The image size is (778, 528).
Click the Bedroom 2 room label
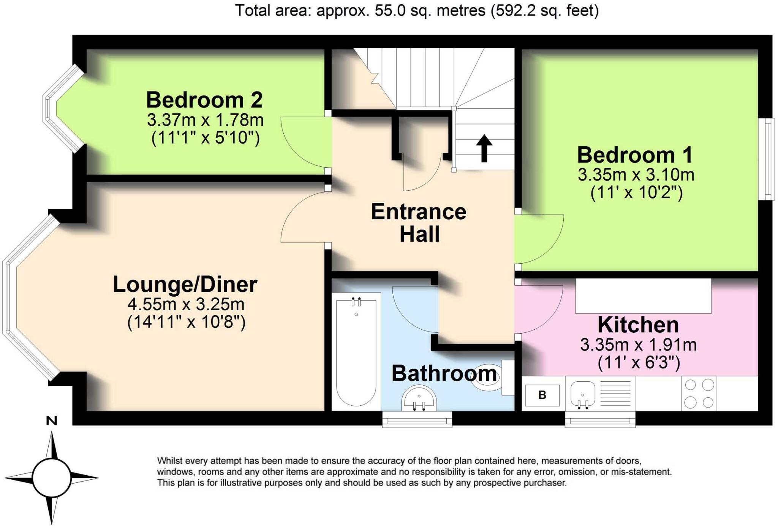(204, 100)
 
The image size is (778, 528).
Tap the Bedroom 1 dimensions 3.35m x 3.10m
(636, 175)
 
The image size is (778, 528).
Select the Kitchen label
(638, 325)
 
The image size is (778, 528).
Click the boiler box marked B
(542, 395)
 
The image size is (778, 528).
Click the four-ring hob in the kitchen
(699, 394)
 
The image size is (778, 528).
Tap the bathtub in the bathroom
(356, 351)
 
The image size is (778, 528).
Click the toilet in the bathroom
(490, 378)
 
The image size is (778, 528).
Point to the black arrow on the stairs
(484, 148)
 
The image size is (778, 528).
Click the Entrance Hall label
(419, 223)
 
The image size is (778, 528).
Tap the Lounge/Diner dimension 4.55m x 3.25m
(186, 304)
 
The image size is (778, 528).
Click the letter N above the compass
(52, 421)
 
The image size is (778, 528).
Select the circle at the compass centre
(52, 477)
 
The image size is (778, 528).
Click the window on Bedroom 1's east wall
(769, 159)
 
